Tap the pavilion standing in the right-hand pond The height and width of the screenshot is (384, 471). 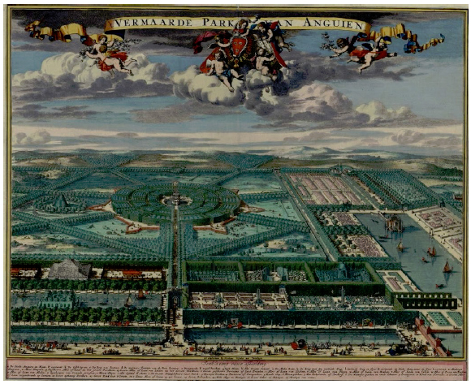click(394, 222)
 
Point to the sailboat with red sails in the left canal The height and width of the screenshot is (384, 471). click(126, 302)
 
